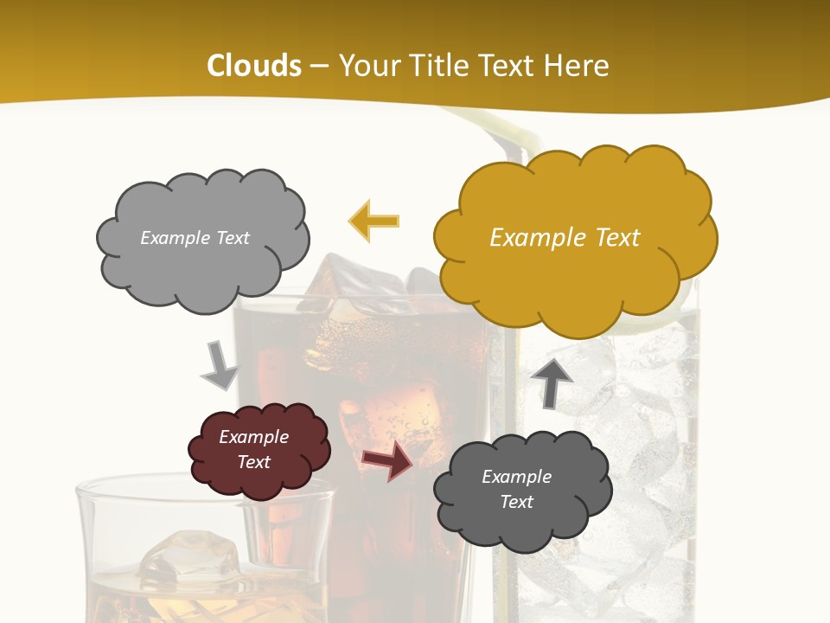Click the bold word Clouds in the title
(254, 66)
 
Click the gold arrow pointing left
(373, 222)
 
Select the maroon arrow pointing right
(386, 460)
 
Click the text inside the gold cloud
(565, 238)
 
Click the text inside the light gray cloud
(195, 238)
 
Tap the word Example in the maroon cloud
(253, 437)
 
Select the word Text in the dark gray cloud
(516, 502)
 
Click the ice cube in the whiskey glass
(190, 554)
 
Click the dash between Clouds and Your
(319, 66)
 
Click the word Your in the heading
(367, 66)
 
